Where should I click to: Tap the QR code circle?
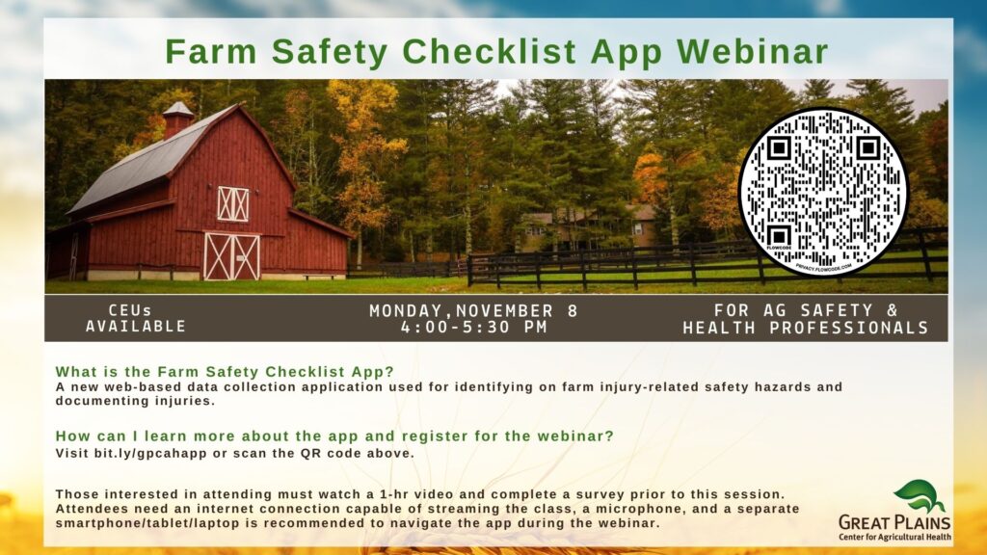pyautogui.click(x=823, y=192)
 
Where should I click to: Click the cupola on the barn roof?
pyautogui.click(x=178, y=119)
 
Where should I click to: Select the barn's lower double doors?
pyautogui.click(x=231, y=256)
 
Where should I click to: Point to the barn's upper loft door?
pyautogui.click(x=233, y=204)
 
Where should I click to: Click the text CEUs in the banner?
pyautogui.click(x=130, y=310)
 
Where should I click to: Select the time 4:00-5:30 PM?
pyautogui.click(x=474, y=328)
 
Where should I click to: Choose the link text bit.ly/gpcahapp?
pyautogui.click(x=150, y=453)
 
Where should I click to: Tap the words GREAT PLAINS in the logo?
pyautogui.click(x=894, y=522)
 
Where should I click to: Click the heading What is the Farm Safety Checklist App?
pyautogui.click(x=225, y=372)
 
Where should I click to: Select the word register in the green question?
pyautogui.click(x=435, y=436)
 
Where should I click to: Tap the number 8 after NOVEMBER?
pyautogui.click(x=573, y=311)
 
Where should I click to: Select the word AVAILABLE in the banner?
pyautogui.click(x=136, y=327)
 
